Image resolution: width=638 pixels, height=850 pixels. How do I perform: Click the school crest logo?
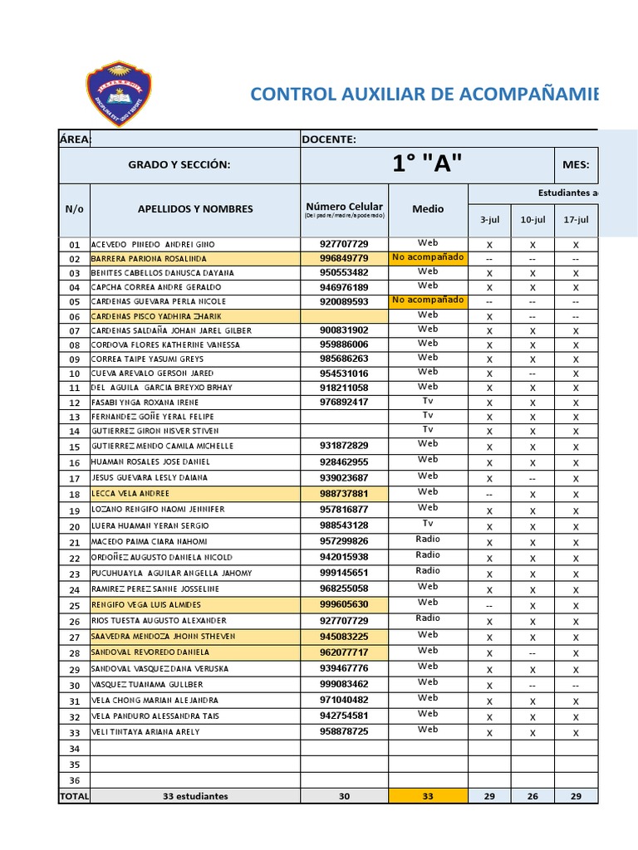point(119,93)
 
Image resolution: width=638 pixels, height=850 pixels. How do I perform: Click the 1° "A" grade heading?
point(426,164)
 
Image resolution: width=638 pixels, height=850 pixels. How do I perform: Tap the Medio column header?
point(428,209)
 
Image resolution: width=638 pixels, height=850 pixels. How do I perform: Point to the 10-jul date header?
point(532,219)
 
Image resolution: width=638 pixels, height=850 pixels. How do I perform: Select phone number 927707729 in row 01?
point(344,244)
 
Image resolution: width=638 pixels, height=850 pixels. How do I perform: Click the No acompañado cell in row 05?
point(428,300)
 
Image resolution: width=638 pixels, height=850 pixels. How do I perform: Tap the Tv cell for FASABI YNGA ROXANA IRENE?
point(428,401)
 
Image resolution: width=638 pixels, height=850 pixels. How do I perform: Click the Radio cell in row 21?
point(428,540)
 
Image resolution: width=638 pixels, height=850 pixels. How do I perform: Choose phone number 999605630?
point(344,604)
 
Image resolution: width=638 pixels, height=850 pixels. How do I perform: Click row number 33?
point(74,732)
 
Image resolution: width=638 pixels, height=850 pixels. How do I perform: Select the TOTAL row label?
point(74,796)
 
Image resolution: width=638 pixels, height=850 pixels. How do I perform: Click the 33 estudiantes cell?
point(195,796)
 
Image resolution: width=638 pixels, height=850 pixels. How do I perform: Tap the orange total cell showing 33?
point(428,796)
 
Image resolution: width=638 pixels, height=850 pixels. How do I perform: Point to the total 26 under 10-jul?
point(532,796)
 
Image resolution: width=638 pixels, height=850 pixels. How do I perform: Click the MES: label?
point(575,165)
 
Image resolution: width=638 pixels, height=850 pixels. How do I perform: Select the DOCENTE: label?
point(329,139)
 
